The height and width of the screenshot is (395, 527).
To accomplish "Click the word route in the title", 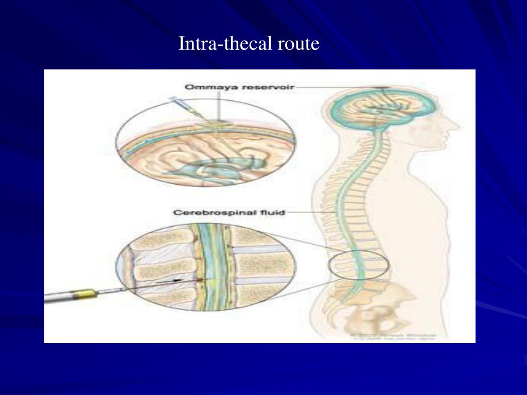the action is [x=299, y=44].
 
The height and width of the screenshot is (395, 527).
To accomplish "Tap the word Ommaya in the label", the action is [x=205, y=87].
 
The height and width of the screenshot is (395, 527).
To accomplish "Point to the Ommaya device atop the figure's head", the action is [x=381, y=88].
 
